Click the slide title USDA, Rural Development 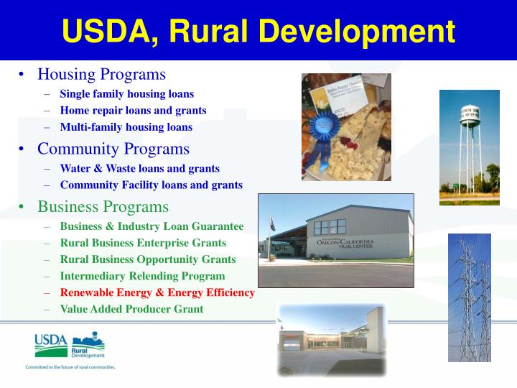258,31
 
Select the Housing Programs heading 101,74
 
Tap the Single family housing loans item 126,93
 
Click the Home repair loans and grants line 133,111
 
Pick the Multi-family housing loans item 126,127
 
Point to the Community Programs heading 113,149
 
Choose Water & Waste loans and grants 139,168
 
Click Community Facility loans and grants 151,185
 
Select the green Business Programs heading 103,207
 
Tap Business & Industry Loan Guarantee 152,226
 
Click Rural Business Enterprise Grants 143,243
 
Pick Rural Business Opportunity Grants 147,259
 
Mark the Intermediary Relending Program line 142,276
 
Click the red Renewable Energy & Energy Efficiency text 157,292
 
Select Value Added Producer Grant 131,309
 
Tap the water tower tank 469,115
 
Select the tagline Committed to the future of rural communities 70,367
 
